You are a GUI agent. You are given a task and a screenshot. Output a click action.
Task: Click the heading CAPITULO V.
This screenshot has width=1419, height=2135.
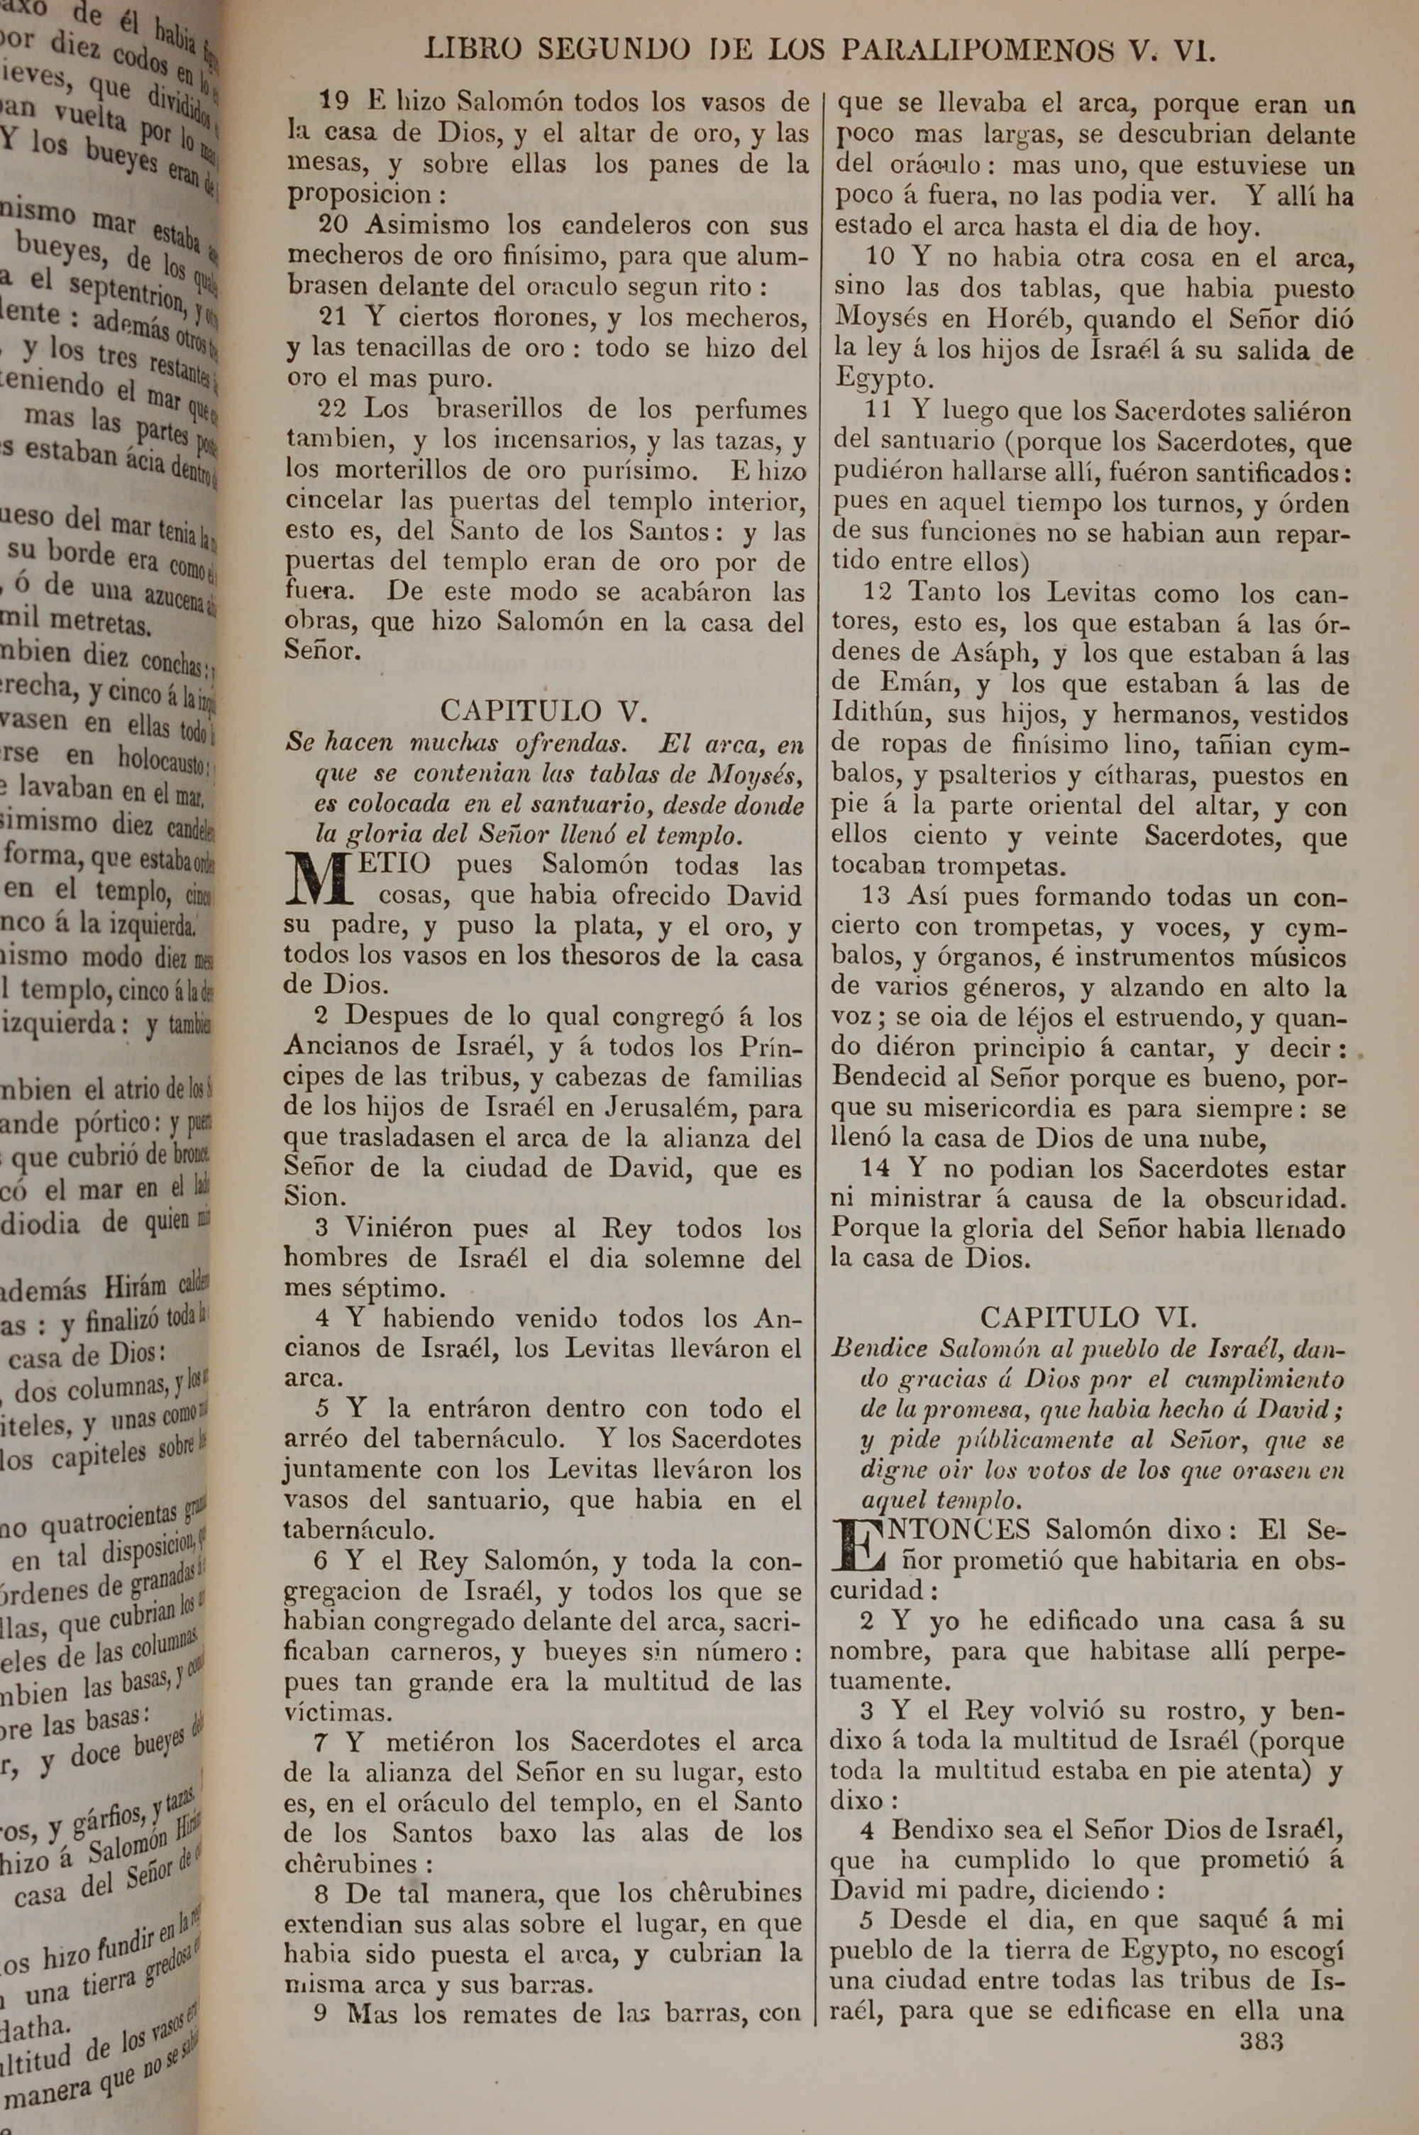click(543, 710)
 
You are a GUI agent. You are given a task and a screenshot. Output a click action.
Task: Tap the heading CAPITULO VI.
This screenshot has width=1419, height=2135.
click(1090, 1317)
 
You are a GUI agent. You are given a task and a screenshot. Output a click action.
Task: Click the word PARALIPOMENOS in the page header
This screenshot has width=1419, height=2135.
click(978, 50)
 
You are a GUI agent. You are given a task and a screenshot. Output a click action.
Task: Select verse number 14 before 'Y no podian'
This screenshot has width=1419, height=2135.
click(875, 1168)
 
